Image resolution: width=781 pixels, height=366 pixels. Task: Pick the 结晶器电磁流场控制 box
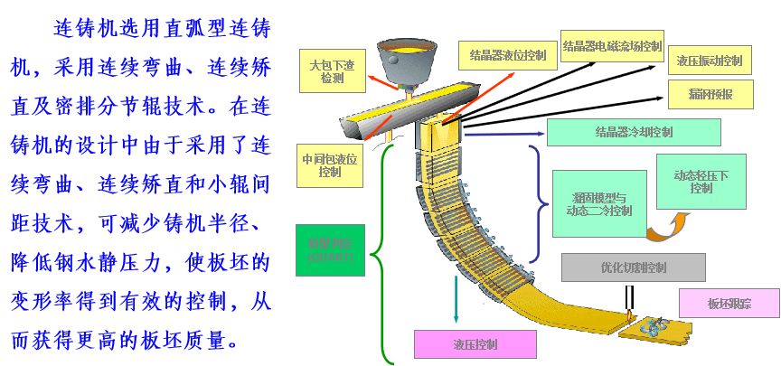click(612, 46)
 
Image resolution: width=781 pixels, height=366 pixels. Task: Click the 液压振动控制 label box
click(710, 61)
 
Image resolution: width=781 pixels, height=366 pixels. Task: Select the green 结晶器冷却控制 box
click(634, 132)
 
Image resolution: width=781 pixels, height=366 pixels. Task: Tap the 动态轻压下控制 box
click(701, 182)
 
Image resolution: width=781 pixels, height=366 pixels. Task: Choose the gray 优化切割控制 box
click(633, 267)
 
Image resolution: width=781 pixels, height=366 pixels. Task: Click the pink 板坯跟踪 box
click(729, 303)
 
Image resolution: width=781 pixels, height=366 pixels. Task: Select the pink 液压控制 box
click(475, 344)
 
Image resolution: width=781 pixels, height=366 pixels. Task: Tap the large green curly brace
click(384, 253)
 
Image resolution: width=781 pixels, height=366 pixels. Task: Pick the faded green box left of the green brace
click(330, 249)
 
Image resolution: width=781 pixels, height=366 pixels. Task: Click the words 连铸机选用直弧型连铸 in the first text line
click(163, 28)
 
